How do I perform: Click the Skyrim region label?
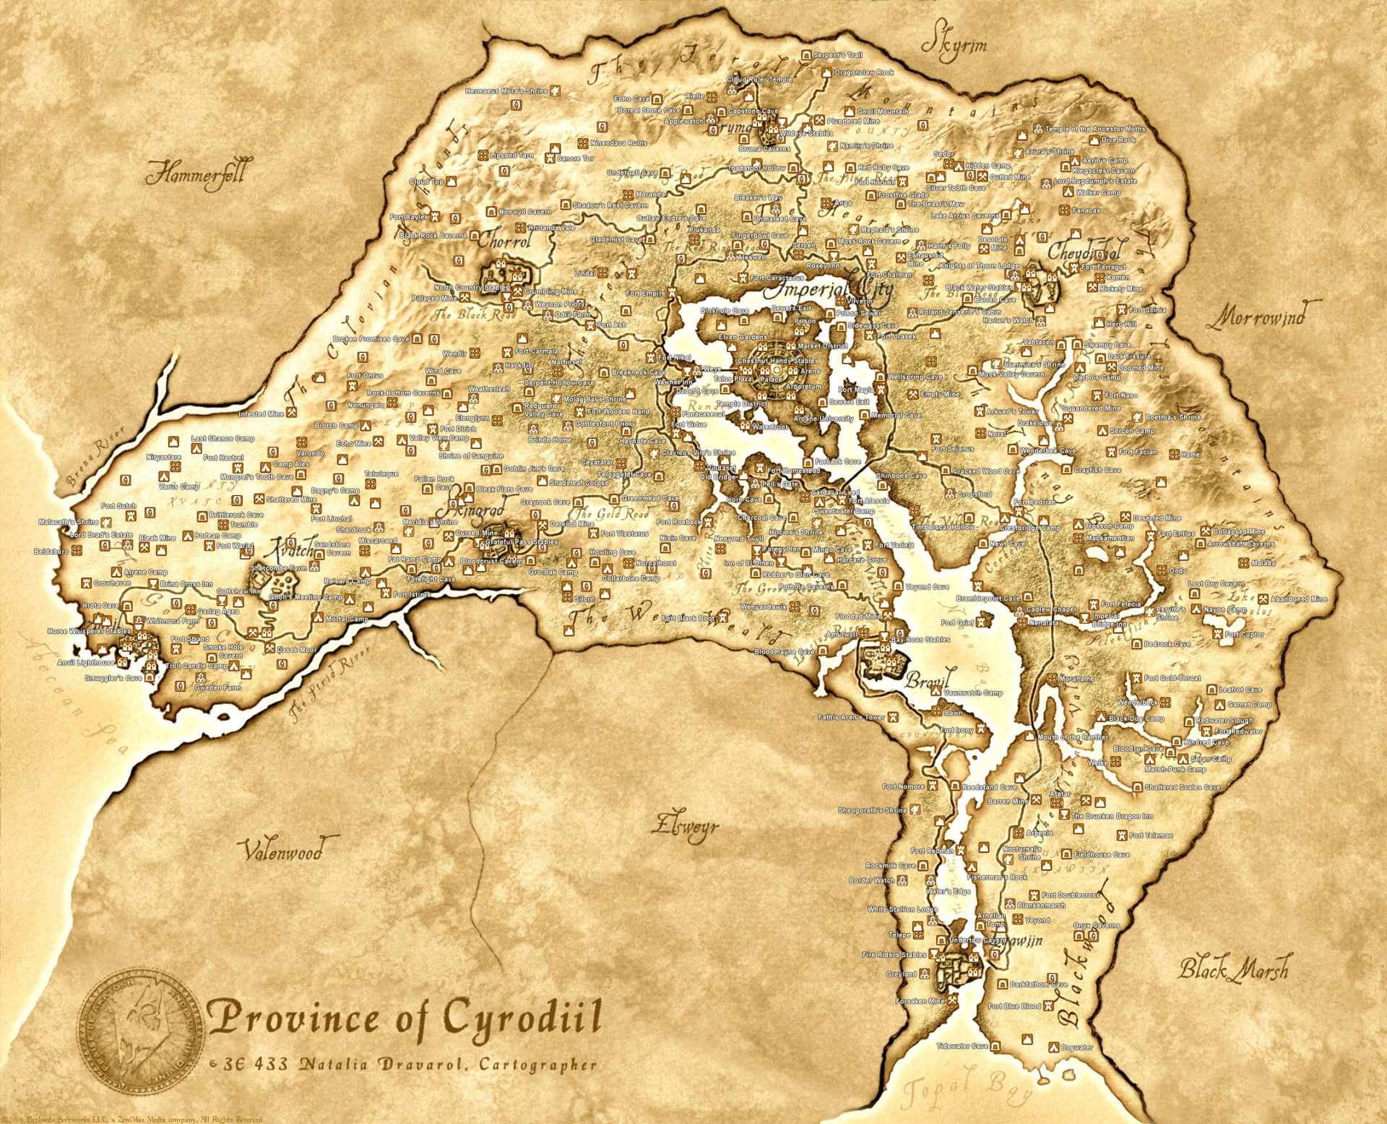[x=954, y=46]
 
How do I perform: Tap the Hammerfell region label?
[x=196, y=174]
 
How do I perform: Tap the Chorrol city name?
[x=505, y=241]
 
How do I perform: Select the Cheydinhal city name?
[x=1086, y=252]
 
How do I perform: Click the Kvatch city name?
[x=291, y=549]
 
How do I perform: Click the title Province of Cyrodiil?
[x=405, y=1018]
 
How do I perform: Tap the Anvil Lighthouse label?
[x=85, y=662]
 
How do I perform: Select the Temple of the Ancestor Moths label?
[x=1095, y=129]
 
